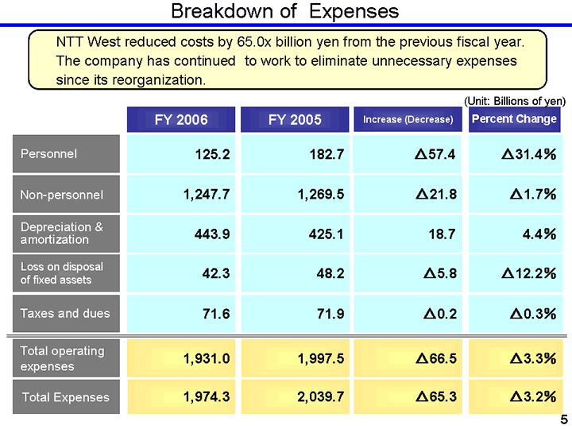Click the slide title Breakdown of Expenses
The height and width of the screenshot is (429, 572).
point(284,11)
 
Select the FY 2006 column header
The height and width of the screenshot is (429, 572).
point(180,119)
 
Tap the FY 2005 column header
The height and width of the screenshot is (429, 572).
point(295,119)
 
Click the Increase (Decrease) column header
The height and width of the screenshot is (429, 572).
point(408,119)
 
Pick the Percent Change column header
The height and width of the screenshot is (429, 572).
point(514,119)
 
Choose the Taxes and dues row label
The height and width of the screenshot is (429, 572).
point(65,313)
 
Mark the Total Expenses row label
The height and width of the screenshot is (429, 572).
point(65,397)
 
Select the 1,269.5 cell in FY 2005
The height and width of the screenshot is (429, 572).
point(319,194)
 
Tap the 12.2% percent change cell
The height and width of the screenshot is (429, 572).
point(528,273)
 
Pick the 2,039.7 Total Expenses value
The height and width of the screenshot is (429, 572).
point(319,397)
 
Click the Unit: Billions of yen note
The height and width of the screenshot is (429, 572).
point(514,101)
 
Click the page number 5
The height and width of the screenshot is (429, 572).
point(563,420)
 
